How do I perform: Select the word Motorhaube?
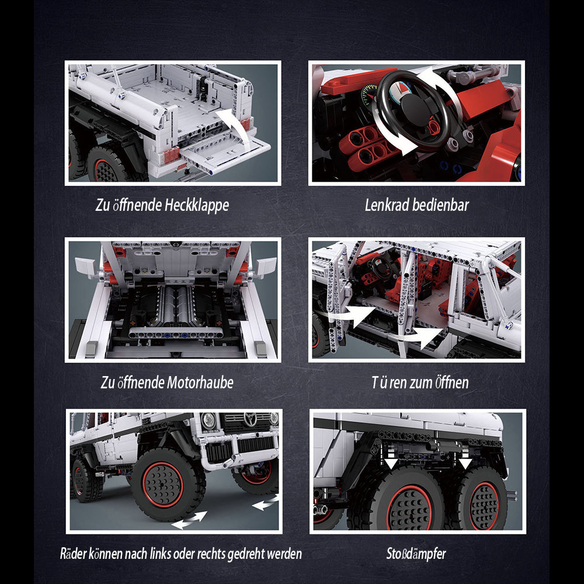click(200, 383)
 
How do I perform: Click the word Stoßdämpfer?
click(416, 554)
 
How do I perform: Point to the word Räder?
click(74, 554)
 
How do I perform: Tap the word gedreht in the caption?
click(249, 554)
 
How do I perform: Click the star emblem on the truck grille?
click(250, 419)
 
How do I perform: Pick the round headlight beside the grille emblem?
click(208, 420)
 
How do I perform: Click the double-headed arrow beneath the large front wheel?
click(189, 520)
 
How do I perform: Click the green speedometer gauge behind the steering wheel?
click(368, 95)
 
